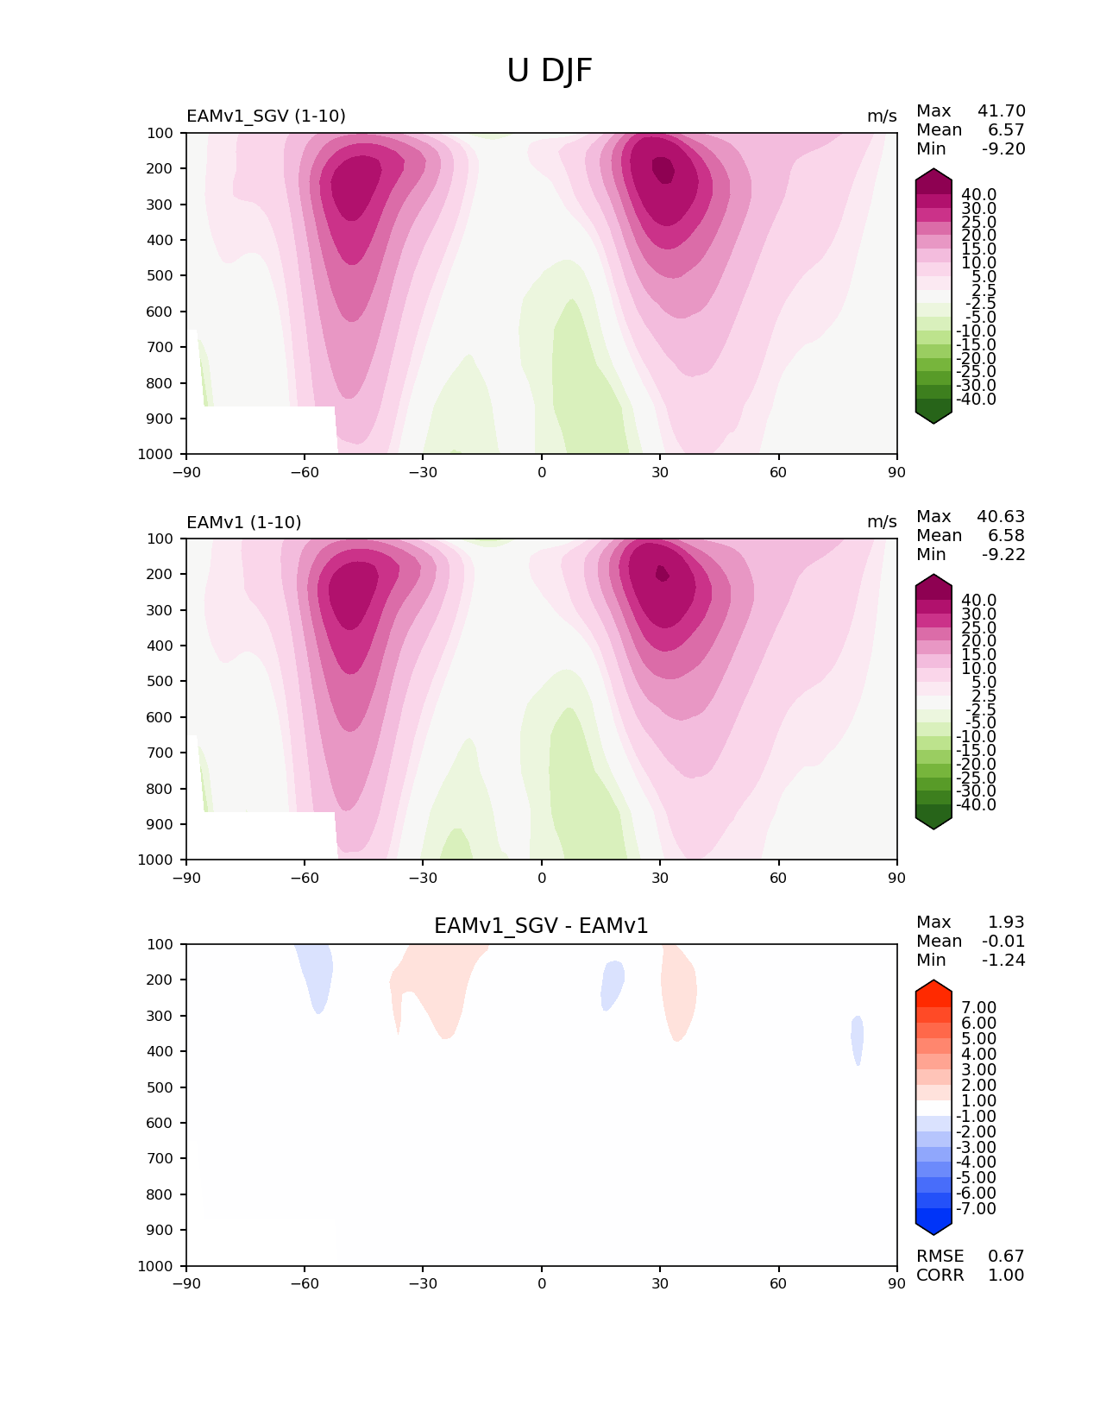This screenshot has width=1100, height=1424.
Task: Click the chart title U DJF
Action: tap(550, 71)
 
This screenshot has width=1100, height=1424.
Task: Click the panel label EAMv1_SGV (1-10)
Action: tap(266, 117)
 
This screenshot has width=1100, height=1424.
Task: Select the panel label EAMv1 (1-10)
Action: tap(243, 522)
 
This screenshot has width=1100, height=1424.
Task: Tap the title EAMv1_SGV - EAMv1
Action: tap(541, 926)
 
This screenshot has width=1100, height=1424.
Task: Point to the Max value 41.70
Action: tap(1001, 111)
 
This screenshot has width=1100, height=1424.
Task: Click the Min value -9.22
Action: tap(1003, 555)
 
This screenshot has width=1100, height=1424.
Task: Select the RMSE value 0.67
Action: tap(1006, 1256)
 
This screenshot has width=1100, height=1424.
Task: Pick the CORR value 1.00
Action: tap(1006, 1275)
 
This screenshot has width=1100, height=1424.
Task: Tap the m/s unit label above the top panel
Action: tap(882, 117)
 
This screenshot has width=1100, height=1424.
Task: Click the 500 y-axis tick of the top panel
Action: tap(160, 275)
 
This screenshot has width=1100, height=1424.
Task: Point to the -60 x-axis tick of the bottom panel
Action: tap(305, 1283)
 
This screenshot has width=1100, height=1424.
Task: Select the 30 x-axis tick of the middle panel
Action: tap(660, 878)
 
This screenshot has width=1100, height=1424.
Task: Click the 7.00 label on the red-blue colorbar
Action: tap(978, 1007)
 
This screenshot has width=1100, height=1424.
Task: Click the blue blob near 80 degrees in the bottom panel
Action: tap(858, 1039)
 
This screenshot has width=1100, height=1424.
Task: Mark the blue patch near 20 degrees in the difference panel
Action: tap(613, 984)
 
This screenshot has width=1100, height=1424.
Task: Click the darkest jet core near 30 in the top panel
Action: tap(663, 169)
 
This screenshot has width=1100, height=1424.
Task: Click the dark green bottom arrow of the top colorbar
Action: tap(933, 415)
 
